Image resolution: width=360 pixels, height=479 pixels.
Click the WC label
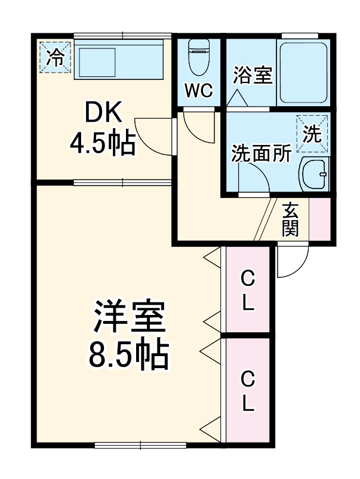[198, 91]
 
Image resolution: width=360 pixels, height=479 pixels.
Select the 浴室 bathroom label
[253, 76]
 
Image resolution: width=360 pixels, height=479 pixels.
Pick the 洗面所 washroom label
[261, 153]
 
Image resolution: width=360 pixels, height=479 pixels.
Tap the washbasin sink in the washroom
[313, 175]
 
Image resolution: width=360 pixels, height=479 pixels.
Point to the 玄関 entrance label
[291, 220]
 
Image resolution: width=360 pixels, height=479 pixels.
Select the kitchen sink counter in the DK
[118, 59]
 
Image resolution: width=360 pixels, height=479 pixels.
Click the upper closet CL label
[248, 290]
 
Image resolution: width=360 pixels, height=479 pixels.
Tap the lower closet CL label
[248, 391]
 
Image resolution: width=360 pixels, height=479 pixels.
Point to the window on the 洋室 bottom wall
[141, 444]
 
